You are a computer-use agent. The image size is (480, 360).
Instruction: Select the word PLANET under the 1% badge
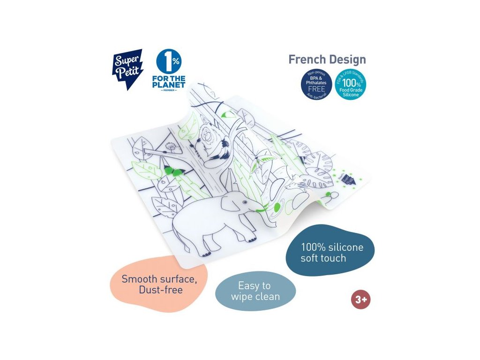[x=169, y=85]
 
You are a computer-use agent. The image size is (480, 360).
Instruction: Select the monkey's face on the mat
[x=208, y=138]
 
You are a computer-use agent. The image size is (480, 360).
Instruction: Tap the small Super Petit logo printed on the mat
[x=347, y=180]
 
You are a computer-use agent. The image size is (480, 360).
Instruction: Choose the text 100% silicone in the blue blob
[x=332, y=247]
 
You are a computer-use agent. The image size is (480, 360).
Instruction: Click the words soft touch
[x=323, y=258]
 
